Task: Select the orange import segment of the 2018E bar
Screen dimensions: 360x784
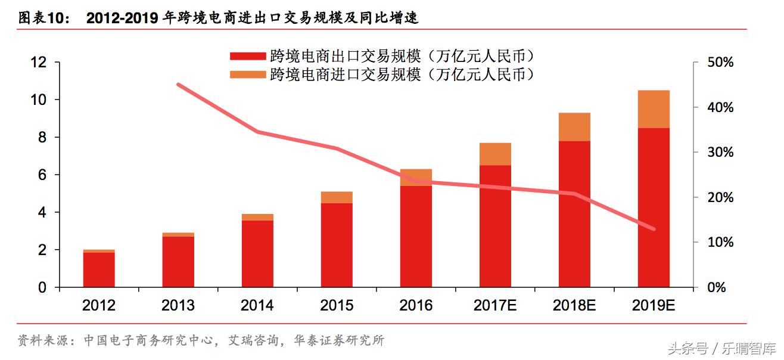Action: tap(574, 127)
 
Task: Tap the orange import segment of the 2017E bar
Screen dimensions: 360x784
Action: tap(495, 154)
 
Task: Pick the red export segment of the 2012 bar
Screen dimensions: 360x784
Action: tap(99, 269)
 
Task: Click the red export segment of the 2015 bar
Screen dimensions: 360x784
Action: tap(337, 245)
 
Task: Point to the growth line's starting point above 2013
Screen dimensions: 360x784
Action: tap(179, 85)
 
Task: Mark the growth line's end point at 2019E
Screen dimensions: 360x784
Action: tap(654, 229)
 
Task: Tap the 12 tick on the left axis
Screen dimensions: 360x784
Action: tap(38, 62)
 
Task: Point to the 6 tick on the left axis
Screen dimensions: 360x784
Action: tap(42, 175)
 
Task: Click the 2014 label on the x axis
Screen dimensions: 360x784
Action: tap(257, 306)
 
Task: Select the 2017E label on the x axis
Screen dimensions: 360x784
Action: tap(494, 306)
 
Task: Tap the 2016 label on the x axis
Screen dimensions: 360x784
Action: tap(416, 306)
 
